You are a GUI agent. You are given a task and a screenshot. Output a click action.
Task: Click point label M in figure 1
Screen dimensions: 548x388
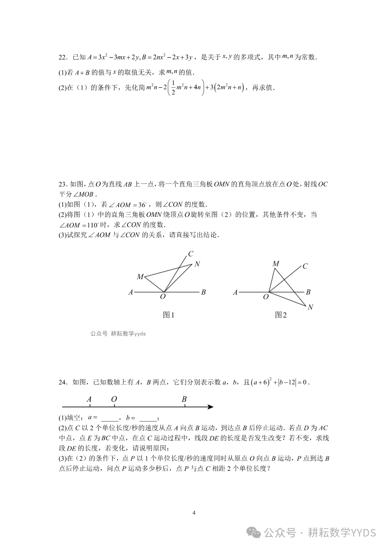click(x=140, y=277)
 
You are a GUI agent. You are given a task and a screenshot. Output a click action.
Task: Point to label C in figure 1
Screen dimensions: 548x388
click(x=191, y=254)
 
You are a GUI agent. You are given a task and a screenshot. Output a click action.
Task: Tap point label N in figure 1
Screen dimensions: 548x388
click(x=197, y=264)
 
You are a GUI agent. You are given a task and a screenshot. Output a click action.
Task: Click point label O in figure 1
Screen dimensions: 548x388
click(x=163, y=296)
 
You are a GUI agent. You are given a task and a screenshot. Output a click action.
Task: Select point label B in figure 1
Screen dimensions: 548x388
click(x=203, y=292)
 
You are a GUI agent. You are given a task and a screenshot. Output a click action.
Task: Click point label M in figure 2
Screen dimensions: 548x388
click(x=276, y=264)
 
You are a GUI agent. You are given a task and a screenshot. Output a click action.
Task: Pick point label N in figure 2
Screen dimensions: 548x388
click(x=310, y=307)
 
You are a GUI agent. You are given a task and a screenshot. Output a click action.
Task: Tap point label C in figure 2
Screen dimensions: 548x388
click(x=305, y=266)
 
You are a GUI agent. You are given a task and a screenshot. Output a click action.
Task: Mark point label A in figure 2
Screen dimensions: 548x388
click(x=235, y=292)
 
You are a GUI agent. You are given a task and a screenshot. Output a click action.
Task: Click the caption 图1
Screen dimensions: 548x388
click(x=168, y=315)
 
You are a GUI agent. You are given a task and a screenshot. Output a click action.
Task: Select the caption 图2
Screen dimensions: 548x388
click(x=281, y=315)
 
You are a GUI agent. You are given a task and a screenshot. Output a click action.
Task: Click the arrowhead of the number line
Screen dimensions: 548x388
click(x=211, y=407)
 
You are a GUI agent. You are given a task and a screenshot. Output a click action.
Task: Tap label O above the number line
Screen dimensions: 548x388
click(x=114, y=399)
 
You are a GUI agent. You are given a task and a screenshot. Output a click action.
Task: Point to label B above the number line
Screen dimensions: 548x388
click(x=184, y=399)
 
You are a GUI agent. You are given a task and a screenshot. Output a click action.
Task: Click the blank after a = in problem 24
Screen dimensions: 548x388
click(x=110, y=418)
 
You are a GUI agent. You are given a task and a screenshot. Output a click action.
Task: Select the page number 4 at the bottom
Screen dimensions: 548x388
click(x=194, y=513)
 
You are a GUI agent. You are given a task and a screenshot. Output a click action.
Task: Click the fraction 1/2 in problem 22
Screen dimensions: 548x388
click(x=173, y=88)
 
